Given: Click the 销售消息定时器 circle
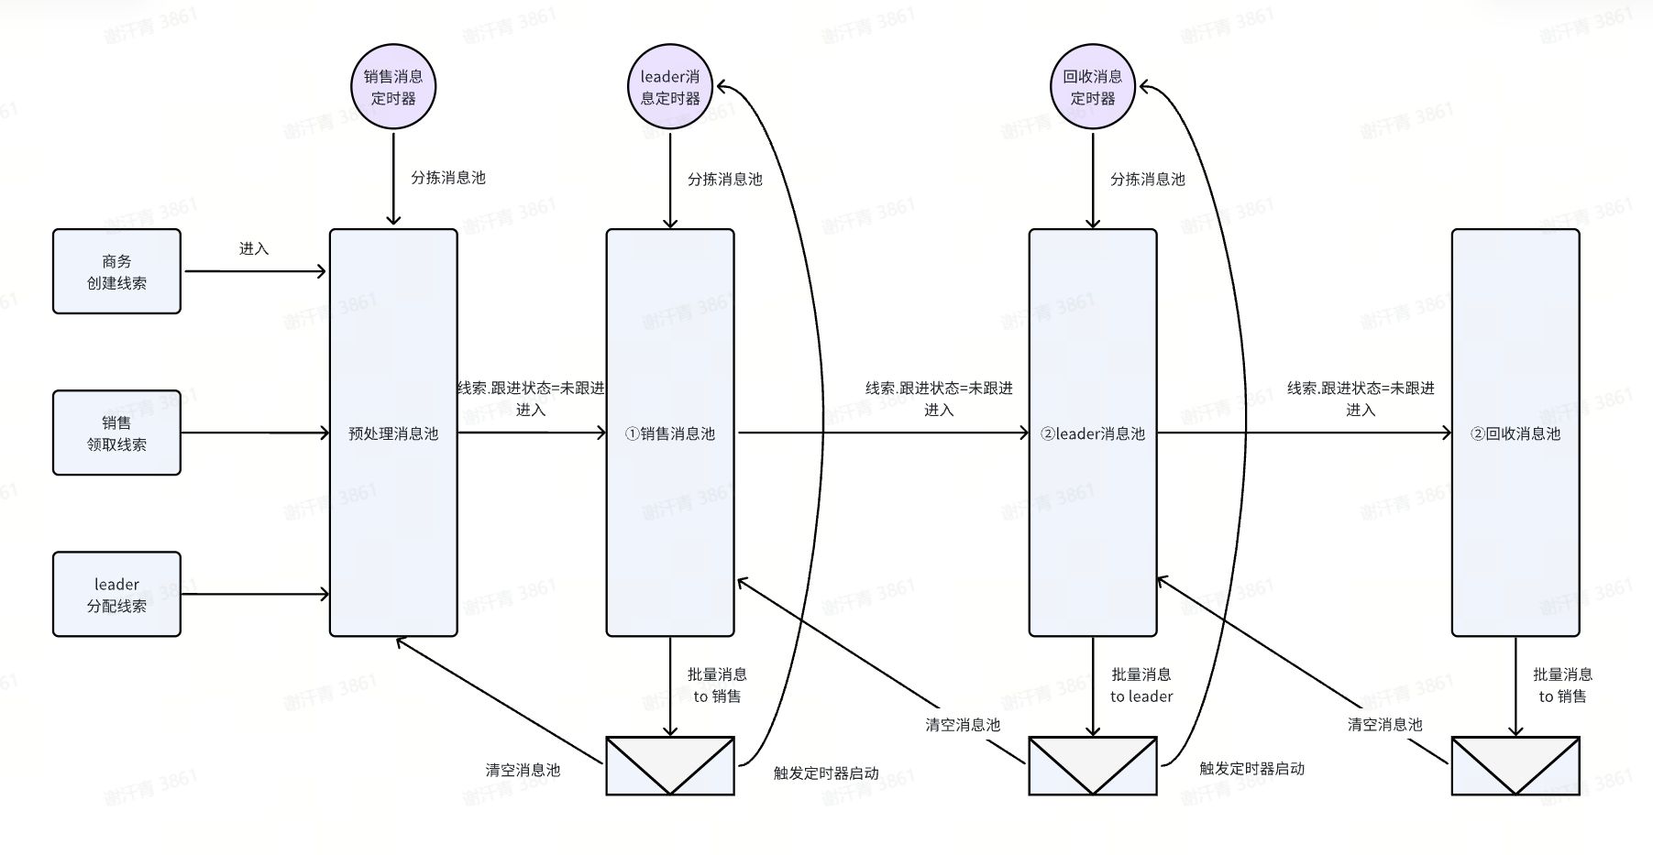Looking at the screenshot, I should [393, 88].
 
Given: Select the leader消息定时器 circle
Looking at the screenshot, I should [670, 88].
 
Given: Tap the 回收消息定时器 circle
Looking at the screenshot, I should [1093, 88].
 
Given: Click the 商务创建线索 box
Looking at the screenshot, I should [116, 272].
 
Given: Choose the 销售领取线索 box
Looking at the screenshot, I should [116, 433].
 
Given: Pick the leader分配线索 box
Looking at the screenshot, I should [116, 595].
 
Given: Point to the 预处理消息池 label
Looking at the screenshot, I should [393, 433].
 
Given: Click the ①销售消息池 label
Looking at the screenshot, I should [670, 433].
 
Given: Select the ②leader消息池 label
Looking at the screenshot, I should [1093, 433].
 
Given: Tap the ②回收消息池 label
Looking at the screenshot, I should [1515, 433].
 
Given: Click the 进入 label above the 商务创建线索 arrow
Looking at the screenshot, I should [254, 249].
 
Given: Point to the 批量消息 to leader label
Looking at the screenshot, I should [1141, 685].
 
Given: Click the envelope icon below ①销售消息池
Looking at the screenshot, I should [670, 765].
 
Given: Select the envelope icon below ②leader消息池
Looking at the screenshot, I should [1093, 765].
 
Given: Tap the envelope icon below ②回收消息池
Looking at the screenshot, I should [1515, 765].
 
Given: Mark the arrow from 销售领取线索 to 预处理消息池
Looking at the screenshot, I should [255, 433].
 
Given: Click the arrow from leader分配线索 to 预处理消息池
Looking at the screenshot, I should [255, 594].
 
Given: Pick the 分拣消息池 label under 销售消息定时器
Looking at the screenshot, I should [448, 178].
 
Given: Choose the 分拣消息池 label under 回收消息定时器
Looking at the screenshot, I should [1148, 180].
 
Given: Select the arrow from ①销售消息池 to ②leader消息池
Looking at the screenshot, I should [882, 433].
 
